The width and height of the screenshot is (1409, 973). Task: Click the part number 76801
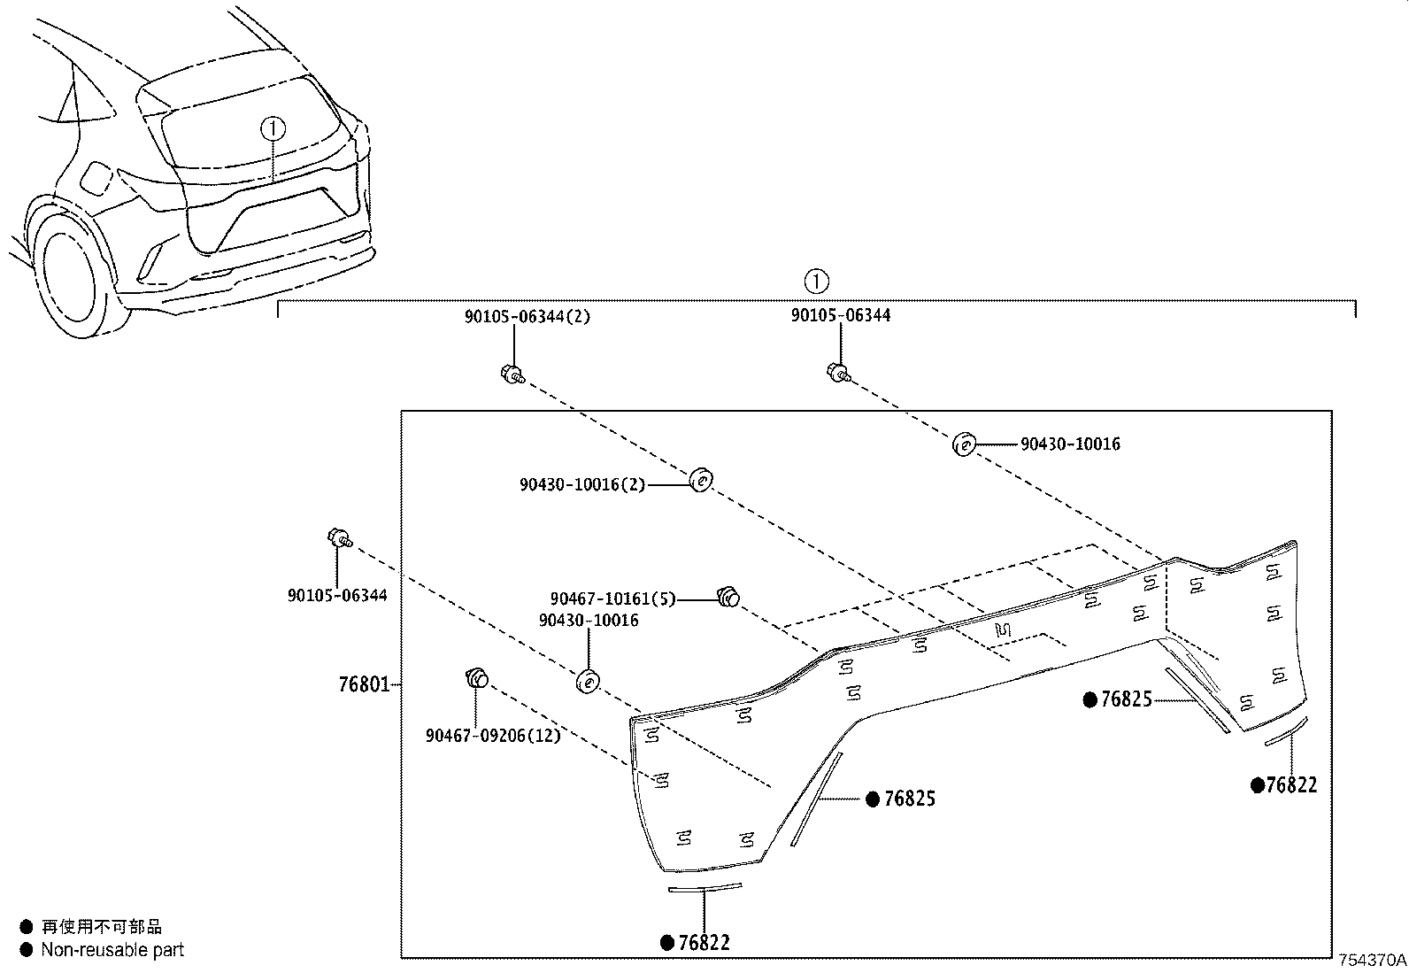(x=363, y=684)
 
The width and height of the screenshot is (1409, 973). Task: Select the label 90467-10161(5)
(x=612, y=599)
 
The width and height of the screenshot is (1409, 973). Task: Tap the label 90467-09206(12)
(x=492, y=736)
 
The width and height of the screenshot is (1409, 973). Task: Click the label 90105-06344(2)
(x=527, y=316)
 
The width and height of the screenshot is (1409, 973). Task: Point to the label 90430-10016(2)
(x=581, y=484)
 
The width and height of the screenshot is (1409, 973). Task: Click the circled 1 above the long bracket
(x=815, y=282)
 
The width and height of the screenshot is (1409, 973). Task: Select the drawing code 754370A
(x=1371, y=960)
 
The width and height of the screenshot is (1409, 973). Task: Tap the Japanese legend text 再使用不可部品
(x=102, y=927)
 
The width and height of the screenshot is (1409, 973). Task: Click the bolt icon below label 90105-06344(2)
(x=512, y=375)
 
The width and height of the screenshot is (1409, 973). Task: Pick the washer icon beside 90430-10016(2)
(x=700, y=481)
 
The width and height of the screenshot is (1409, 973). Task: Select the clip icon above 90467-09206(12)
(x=476, y=679)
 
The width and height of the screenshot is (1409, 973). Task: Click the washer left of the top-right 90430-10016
(x=963, y=444)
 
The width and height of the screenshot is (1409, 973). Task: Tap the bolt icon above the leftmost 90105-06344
(x=340, y=537)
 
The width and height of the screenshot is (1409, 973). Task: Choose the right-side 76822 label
(x=1291, y=785)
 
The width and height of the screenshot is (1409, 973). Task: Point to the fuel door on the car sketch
(x=95, y=180)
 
